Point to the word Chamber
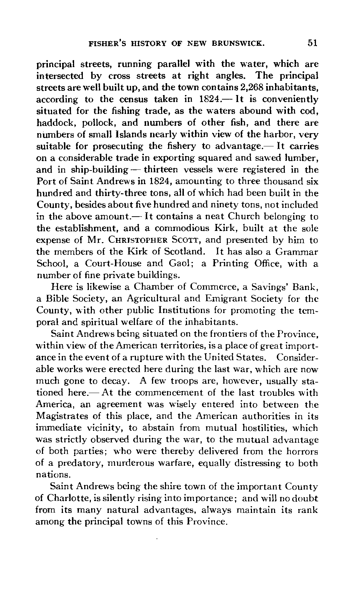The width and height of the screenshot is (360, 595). click(151, 287)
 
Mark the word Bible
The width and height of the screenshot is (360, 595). click(54, 299)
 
